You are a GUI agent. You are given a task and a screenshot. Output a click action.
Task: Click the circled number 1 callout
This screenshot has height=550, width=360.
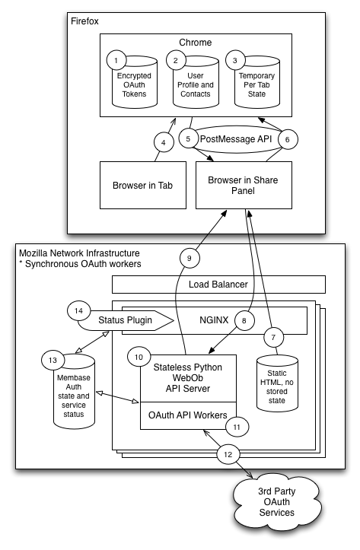(x=116, y=60)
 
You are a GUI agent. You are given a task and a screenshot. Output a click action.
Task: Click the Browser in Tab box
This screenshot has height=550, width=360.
(x=143, y=185)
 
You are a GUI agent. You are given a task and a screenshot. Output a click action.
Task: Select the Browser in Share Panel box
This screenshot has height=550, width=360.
(x=244, y=185)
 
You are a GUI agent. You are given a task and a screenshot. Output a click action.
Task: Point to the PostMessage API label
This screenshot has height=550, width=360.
(x=236, y=139)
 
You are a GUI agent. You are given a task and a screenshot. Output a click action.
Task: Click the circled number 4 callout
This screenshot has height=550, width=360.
(x=164, y=142)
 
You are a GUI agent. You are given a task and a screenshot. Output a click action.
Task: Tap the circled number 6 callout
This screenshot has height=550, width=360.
(x=288, y=139)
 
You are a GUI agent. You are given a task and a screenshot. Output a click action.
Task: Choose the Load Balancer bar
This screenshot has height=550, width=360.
(x=218, y=285)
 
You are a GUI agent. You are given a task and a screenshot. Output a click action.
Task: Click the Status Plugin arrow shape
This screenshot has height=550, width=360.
(x=126, y=320)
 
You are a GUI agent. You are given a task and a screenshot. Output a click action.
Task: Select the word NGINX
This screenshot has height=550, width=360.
(x=214, y=320)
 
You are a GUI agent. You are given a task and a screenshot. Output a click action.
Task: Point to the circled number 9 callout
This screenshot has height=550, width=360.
(x=190, y=258)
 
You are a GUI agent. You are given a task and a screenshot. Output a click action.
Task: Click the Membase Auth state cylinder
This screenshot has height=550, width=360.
(x=74, y=392)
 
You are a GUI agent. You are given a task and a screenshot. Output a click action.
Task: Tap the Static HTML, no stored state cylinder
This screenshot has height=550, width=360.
(x=277, y=383)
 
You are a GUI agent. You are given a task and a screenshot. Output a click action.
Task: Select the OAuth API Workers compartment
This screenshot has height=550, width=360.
(x=188, y=415)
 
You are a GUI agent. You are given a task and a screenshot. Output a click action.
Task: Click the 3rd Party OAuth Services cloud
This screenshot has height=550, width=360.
(x=277, y=501)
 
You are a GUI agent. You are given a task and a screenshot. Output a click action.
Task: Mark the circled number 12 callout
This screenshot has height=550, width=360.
(x=228, y=455)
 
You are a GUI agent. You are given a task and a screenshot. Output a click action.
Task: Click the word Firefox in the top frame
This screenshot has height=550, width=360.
(x=84, y=21)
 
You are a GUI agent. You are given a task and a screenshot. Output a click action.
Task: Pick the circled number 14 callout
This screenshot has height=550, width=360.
(x=78, y=310)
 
